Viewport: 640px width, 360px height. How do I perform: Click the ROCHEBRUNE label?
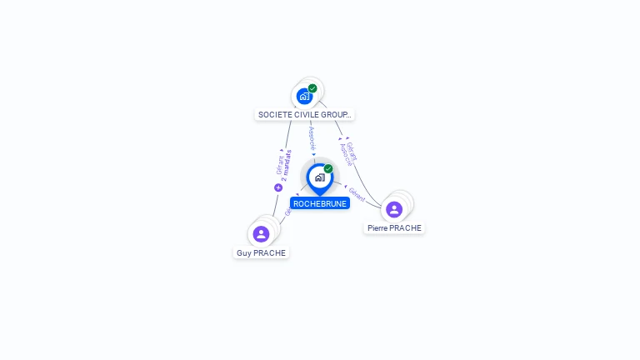pyautogui.click(x=319, y=203)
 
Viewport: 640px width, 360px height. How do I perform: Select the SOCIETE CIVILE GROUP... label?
pyautogui.click(x=304, y=114)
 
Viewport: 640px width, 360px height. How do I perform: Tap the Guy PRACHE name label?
pyautogui.click(x=261, y=252)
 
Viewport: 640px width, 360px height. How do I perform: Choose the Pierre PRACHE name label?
pyautogui.click(x=394, y=227)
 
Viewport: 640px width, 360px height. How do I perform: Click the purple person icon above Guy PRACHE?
pyautogui.click(x=261, y=234)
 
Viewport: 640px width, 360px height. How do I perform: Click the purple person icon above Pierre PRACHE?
pyautogui.click(x=394, y=209)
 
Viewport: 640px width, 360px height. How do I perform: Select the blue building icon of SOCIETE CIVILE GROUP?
pyautogui.click(x=304, y=97)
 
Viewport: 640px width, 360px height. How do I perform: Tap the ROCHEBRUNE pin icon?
pyautogui.click(x=319, y=177)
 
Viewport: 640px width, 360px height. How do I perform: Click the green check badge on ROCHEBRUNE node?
pyautogui.click(x=328, y=168)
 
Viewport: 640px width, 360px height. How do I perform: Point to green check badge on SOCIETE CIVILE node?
pyautogui.click(x=312, y=88)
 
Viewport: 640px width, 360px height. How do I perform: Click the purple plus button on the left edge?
pyautogui.click(x=278, y=187)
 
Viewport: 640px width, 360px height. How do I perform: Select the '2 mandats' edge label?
pyautogui.click(x=286, y=165)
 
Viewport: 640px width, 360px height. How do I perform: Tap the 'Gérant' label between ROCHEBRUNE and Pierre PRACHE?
pyautogui.click(x=357, y=195)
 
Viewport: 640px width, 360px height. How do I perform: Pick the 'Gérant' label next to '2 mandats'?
pyautogui.click(x=279, y=165)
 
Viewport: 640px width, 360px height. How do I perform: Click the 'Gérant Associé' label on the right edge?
pyautogui.click(x=349, y=152)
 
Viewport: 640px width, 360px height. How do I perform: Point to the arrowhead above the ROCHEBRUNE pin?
pyautogui.click(x=314, y=155)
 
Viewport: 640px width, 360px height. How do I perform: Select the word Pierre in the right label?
pyautogui.click(x=377, y=227)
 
